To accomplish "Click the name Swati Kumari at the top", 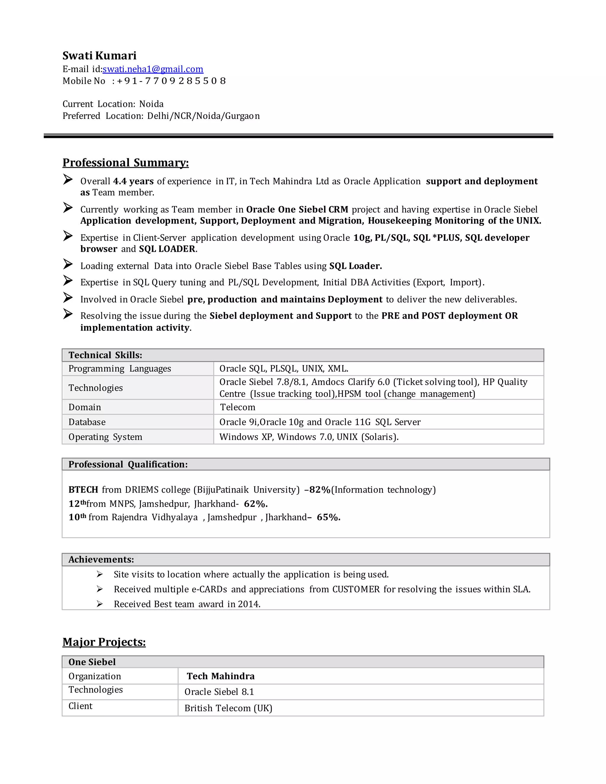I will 99,56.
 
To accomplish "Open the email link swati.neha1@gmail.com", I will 153,69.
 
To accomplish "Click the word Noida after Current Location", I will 151,104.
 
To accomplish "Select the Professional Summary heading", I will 126,163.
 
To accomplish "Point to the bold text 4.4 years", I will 133,181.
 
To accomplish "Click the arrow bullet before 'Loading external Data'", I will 68,264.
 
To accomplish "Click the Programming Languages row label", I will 120,369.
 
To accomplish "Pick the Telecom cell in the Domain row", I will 238,407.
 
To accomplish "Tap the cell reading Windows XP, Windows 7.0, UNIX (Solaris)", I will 309,437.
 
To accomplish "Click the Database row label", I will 87,422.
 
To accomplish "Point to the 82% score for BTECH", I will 320,490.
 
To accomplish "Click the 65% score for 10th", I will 328,517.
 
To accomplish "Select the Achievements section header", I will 101,560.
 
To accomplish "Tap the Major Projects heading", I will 104,642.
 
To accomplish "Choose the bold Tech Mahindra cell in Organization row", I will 220,676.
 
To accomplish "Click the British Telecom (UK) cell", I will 228,708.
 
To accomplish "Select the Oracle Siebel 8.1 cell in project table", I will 219,692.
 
